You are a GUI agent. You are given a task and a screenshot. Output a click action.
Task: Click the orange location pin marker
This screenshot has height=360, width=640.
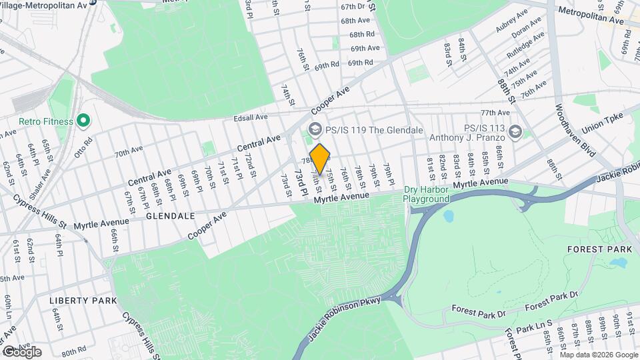click(x=320, y=159)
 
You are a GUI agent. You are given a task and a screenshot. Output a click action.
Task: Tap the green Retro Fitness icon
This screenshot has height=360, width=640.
click(x=83, y=121)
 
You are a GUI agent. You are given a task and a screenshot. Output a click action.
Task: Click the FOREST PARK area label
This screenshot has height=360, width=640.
click(x=593, y=249)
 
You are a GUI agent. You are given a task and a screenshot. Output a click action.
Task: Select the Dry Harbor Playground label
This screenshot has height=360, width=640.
click(x=427, y=194)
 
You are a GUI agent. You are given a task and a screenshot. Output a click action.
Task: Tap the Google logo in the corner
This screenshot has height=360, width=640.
click(x=21, y=352)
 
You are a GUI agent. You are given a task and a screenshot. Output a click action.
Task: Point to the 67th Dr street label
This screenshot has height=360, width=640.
click(x=355, y=6)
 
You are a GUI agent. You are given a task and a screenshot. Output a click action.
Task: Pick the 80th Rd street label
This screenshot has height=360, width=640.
click(x=73, y=349)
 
